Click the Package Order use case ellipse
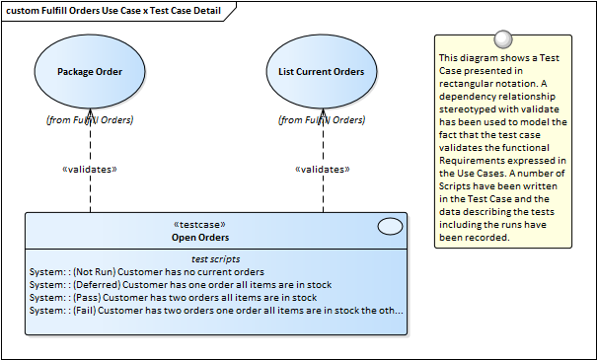90,72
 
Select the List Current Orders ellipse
322,72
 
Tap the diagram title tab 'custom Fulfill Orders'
113,11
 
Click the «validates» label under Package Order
90,170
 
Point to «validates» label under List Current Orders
323,170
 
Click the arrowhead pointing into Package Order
90,113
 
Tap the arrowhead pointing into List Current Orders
324,113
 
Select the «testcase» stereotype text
199,225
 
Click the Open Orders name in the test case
200,238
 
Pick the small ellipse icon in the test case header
390,227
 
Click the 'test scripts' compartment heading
215,259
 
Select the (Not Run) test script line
147,272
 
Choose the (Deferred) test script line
181,285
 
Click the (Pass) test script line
174,298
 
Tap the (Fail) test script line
216,311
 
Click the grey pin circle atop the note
503,39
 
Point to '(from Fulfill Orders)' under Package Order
90,120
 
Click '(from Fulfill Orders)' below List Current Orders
322,120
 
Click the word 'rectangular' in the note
465,84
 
